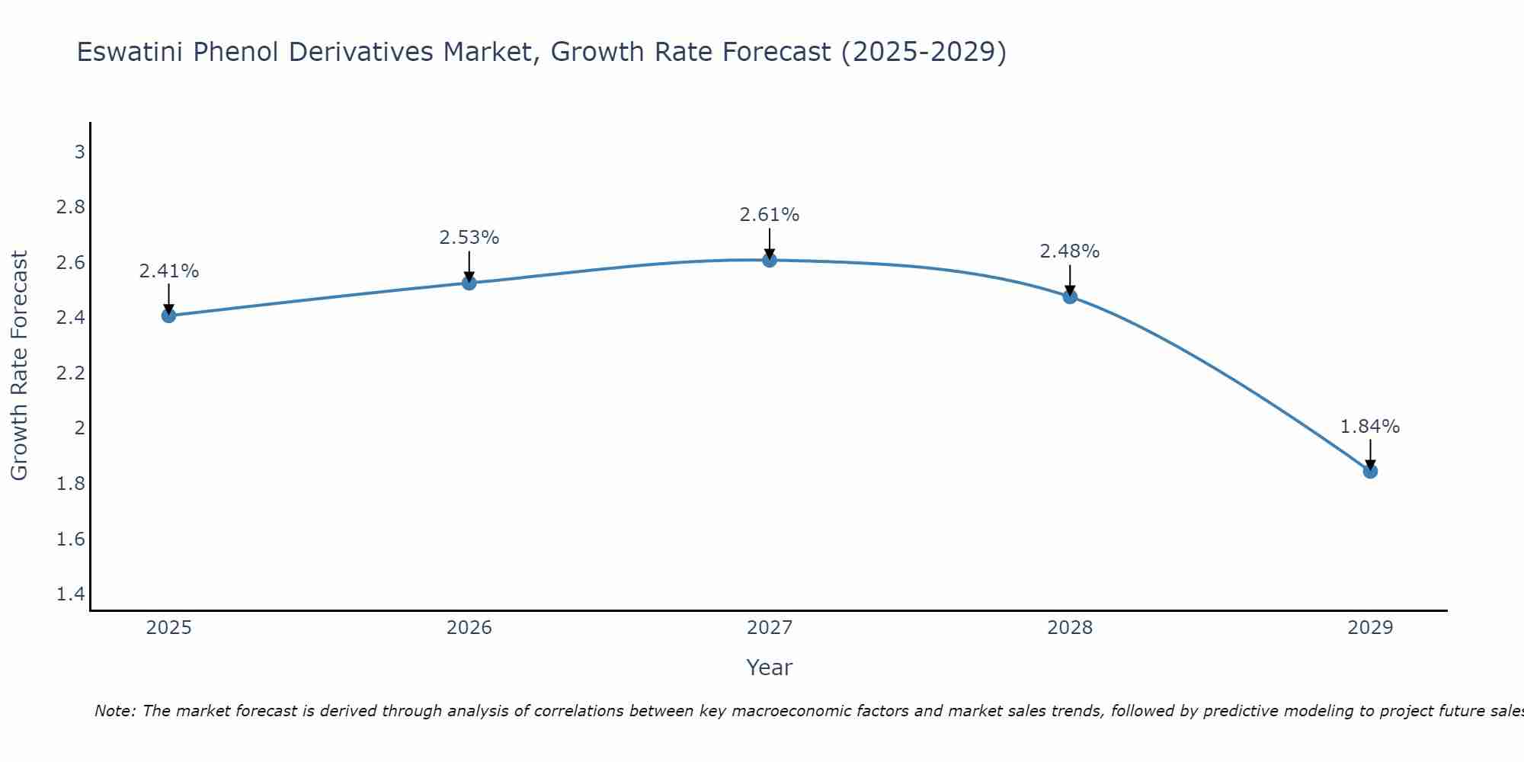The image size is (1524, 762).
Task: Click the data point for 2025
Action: click(x=168, y=315)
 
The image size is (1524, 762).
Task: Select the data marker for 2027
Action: click(x=770, y=260)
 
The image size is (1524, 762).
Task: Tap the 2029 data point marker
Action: click(x=1370, y=471)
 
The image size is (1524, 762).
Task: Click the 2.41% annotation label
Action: click(x=168, y=271)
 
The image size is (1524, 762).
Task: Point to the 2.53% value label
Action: click(x=469, y=238)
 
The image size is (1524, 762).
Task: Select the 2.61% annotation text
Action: click(x=770, y=215)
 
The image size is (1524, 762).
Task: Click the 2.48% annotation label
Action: click(x=1070, y=251)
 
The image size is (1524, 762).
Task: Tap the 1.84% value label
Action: click(x=1370, y=427)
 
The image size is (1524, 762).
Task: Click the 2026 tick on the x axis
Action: click(x=469, y=628)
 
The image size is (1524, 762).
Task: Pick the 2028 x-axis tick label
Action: click(x=1070, y=628)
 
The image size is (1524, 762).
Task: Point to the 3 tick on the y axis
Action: click(x=79, y=152)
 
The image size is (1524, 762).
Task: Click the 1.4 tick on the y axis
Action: click(x=71, y=594)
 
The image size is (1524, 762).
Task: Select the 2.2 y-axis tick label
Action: click(x=71, y=373)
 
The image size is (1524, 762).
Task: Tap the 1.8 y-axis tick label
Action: click(x=71, y=484)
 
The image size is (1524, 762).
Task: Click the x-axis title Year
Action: click(x=770, y=668)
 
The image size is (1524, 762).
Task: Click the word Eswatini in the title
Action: click(x=130, y=53)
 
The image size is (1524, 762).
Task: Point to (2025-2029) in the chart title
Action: click(x=924, y=53)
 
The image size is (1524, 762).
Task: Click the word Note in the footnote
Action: click(x=114, y=712)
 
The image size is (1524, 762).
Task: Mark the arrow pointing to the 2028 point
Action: click(x=1070, y=280)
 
